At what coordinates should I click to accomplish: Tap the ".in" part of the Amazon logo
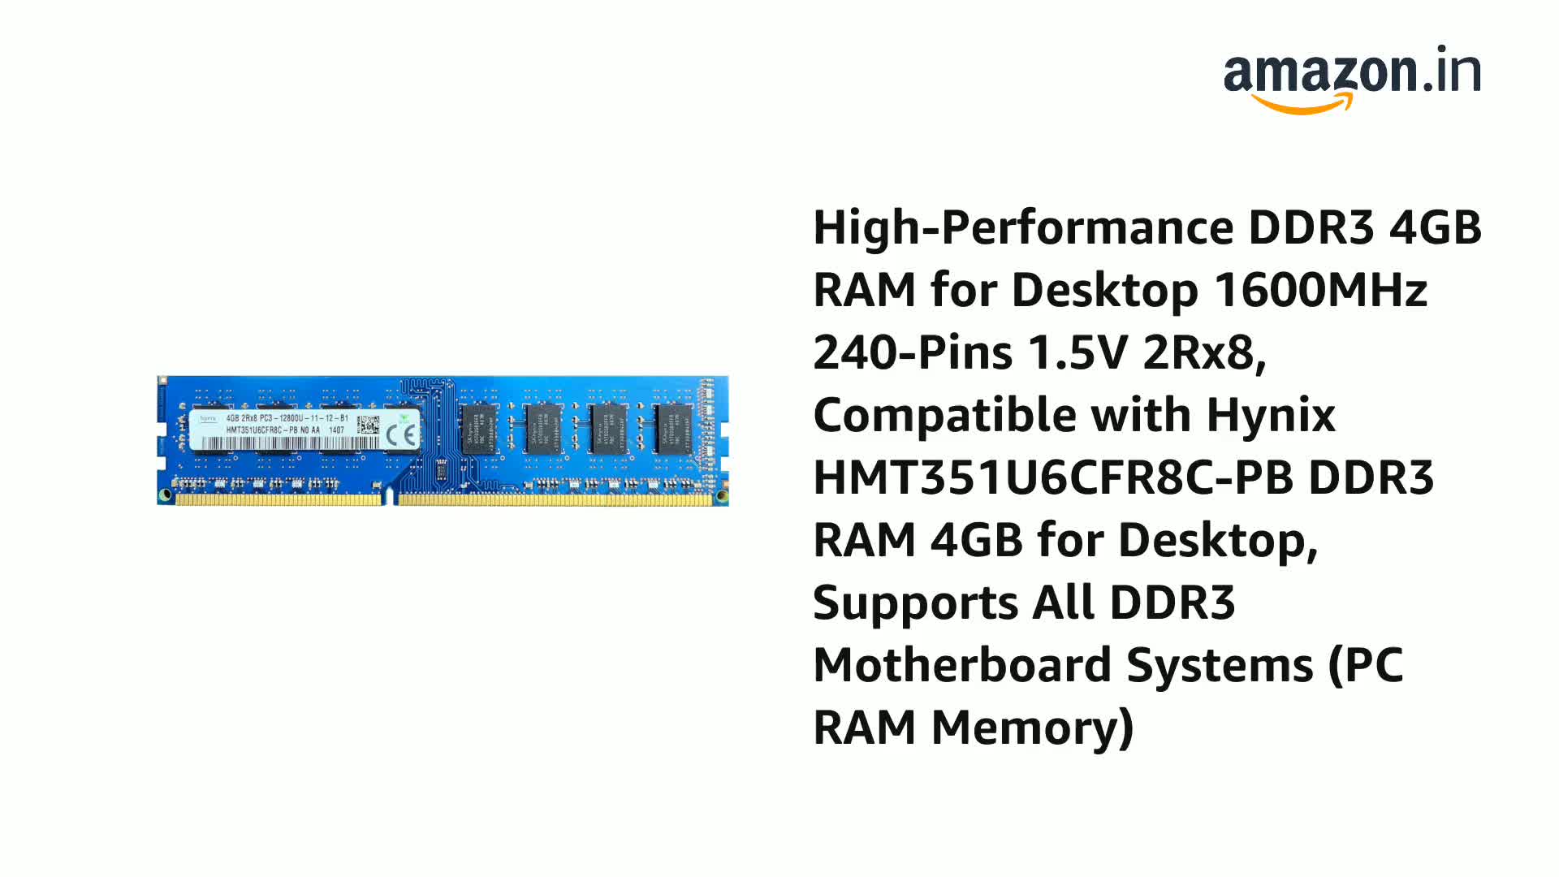pyautogui.click(x=1453, y=71)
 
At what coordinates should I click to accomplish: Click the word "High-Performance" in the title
pyautogui.click(x=1023, y=227)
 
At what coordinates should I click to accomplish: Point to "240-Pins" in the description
pyautogui.click(x=913, y=352)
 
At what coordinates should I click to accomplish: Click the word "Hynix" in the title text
pyautogui.click(x=1271, y=415)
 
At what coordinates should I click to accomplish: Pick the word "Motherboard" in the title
pyautogui.click(x=962, y=665)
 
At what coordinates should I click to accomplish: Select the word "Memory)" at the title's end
pyautogui.click(x=1032, y=728)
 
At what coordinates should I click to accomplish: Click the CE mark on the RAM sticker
pyautogui.click(x=401, y=435)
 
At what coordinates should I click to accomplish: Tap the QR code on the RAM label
pyautogui.click(x=368, y=425)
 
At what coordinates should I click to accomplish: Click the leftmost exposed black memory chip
pyautogui.click(x=479, y=429)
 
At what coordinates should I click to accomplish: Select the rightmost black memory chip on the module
pyautogui.click(x=673, y=429)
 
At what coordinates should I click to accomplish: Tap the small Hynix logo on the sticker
pyautogui.click(x=208, y=418)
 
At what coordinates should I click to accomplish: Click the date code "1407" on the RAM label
pyautogui.click(x=336, y=430)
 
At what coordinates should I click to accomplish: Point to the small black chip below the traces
pyautogui.click(x=441, y=470)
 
